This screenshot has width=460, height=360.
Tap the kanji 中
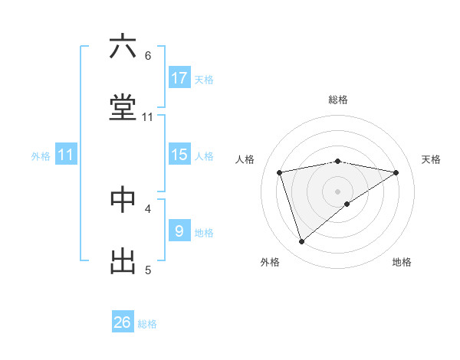pyautogui.click(x=123, y=198)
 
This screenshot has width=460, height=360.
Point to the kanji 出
pyautogui.click(x=123, y=260)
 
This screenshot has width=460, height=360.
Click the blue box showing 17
pyautogui.click(x=179, y=78)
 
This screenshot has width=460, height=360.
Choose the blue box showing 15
pyautogui.click(x=179, y=155)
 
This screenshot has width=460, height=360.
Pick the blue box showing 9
pyautogui.click(x=179, y=231)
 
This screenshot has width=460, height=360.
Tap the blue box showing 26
pyautogui.click(x=123, y=322)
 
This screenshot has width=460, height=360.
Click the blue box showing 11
pyautogui.click(x=66, y=155)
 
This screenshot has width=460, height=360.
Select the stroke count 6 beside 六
pyautogui.click(x=148, y=56)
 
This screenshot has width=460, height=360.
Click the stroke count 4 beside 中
pyautogui.click(x=148, y=208)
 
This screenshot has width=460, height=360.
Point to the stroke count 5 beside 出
pyautogui.click(x=148, y=270)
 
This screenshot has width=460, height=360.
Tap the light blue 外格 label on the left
pyautogui.click(x=41, y=155)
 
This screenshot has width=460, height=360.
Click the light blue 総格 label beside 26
pyautogui.click(x=147, y=324)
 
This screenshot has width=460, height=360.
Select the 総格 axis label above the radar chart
pyautogui.click(x=338, y=100)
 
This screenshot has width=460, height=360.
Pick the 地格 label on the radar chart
pyautogui.click(x=402, y=262)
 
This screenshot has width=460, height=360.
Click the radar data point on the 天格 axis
pyautogui.click(x=396, y=172)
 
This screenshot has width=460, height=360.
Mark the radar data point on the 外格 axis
pyautogui.click(x=302, y=242)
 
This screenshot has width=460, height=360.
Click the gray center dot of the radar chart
pyautogui.click(x=338, y=191)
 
